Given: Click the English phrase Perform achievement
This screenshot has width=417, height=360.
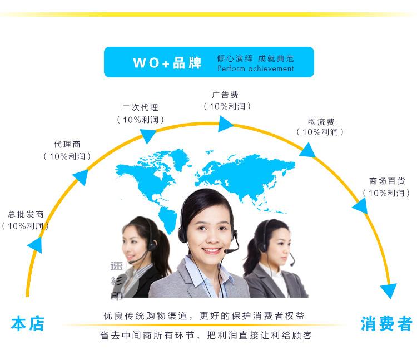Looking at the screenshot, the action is pyautogui.click(x=255, y=68).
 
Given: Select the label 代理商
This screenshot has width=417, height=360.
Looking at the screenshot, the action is pyautogui.click(x=67, y=144).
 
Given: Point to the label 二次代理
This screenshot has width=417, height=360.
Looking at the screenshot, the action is pyautogui.click(x=140, y=107).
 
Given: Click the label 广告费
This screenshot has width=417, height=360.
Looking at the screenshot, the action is pyautogui.click(x=227, y=94).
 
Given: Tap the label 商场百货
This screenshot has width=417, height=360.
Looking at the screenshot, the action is pyautogui.click(x=387, y=181).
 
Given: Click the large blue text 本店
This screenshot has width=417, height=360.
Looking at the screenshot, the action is pyautogui.click(x=27, y=324).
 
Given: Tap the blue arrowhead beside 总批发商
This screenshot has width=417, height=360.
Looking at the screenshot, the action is pyautogui.click(x=35, y=245).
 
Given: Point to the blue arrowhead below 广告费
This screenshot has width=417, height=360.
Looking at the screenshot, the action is pyautogui.click(x=225, y=124).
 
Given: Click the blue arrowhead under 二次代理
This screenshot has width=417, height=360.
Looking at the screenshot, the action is pyautogui.click(x=148, y=135).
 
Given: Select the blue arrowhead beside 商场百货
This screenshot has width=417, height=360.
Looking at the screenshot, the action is pyautogui.click(x=360, y=207).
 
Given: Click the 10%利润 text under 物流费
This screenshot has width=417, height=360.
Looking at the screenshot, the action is pyautogui.click(x=320, y=132).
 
